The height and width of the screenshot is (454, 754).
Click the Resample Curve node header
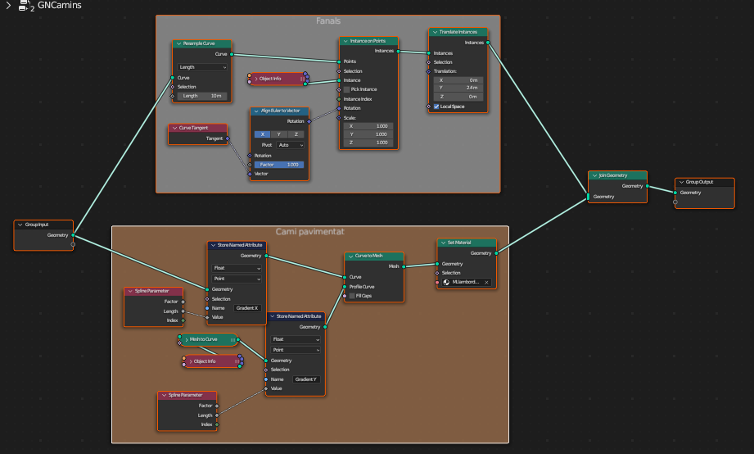pyautogui.click(x=201, y=43)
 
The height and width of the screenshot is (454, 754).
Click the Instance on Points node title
pyautogui.click(x=368, y=40)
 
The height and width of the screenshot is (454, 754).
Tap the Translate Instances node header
pyautogui.click(x=458, y=32)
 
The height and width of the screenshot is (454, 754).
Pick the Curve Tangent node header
pyautogui.click(x=197, y=128)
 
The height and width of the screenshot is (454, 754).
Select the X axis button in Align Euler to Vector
pyautogui.click(x=262, y=134)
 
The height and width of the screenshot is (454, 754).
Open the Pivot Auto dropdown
pyautogui.click(x=290, y=145)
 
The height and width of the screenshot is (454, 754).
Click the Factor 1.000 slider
pyautogui.click(x=278, y=165)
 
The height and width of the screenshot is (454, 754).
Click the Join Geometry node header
pyautogui.click(x=617, y=175)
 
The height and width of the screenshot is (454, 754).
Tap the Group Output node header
pyautogui.click(x=704, y=182)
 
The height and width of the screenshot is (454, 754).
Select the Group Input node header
pyautogui.click(x=43, y=224)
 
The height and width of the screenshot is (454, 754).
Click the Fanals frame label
pyautogui.click(x=328, y=20)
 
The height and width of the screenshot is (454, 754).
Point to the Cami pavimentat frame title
pyautogui.click(x=309, y=232)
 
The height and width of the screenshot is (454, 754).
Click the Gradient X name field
pyautogui.click(x=247, y=308)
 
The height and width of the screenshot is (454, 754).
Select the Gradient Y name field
pyautogui.click(x=306, y=379)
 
